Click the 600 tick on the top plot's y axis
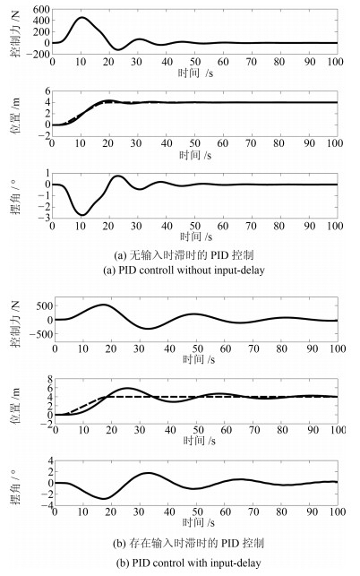tap(41, 10)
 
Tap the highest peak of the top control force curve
tap(81, 17)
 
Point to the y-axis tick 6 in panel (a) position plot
tap(47, 91)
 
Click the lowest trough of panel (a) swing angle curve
tap(82, 215)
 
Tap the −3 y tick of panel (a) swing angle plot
tap(45, 219)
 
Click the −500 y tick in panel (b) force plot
tap(41, 334)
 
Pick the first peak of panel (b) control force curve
tap(103, 305)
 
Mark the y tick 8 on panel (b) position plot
tap(50, 379)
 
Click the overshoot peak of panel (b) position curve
tap(127, 388)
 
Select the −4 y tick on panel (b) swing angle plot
tap(48, 505)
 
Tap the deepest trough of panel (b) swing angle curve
tap(104, 498)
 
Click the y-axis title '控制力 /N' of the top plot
tap(15, 34)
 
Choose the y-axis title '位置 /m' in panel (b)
tap(15, 405)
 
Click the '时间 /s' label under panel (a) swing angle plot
tap(196, 236)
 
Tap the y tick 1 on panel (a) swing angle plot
tap(47, 174)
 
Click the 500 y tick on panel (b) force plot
tap(44, 306)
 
